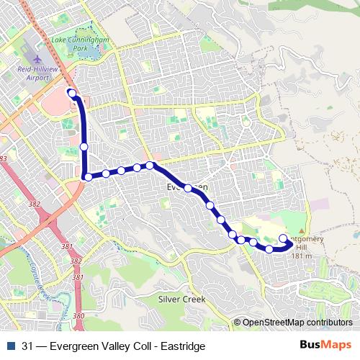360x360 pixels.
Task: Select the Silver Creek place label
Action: click(x=181, y=299)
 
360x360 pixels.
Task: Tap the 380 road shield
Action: click(x=79, y=315)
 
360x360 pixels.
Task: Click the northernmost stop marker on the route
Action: click(x=72, y=92)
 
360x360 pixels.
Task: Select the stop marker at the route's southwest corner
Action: click(x=87, y=176)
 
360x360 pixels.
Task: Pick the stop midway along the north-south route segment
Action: click(x=84, y=147)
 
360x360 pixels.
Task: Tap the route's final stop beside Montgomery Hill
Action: click(x=283, y=239)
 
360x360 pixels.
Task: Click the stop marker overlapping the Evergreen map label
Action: click(x=188, y=188)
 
